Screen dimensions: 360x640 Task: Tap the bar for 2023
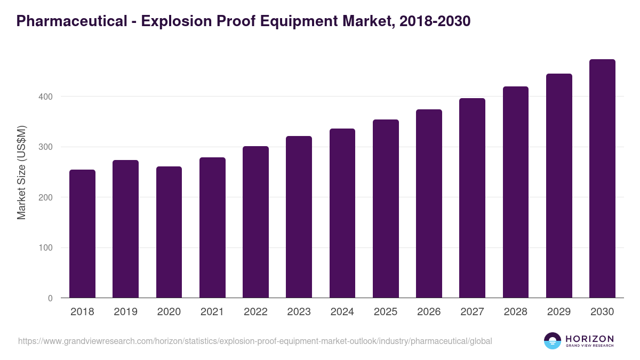point(299,217)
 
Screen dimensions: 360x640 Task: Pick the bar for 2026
point(429,204)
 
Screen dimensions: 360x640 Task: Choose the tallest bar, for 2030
point(602,179)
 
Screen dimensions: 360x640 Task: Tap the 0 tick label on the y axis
point(50,298)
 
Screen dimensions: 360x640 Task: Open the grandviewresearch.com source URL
point(255,341)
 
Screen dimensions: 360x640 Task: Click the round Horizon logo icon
point(553,341)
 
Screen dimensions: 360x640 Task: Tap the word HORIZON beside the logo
point(589,338)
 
